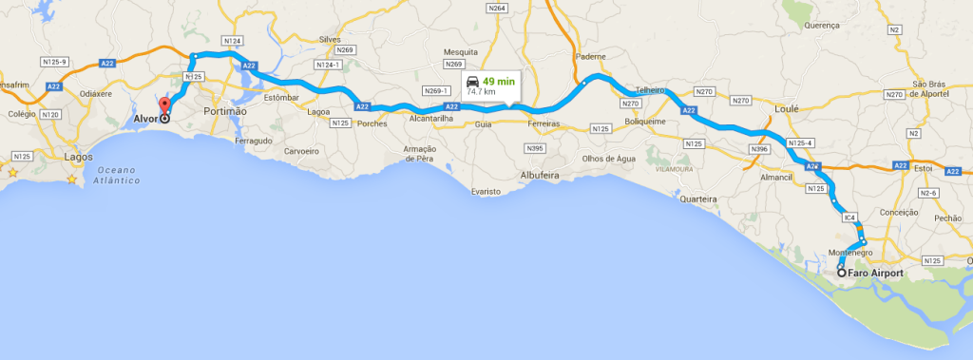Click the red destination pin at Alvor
[163, 106]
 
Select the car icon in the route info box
[473, 82]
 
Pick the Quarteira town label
[698, 199]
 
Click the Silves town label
[330, 39]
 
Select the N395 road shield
[537, 148]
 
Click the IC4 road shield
[849, 218]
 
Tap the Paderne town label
[591, 56]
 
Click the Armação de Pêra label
[419, 153]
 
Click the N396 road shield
[758, 149]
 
